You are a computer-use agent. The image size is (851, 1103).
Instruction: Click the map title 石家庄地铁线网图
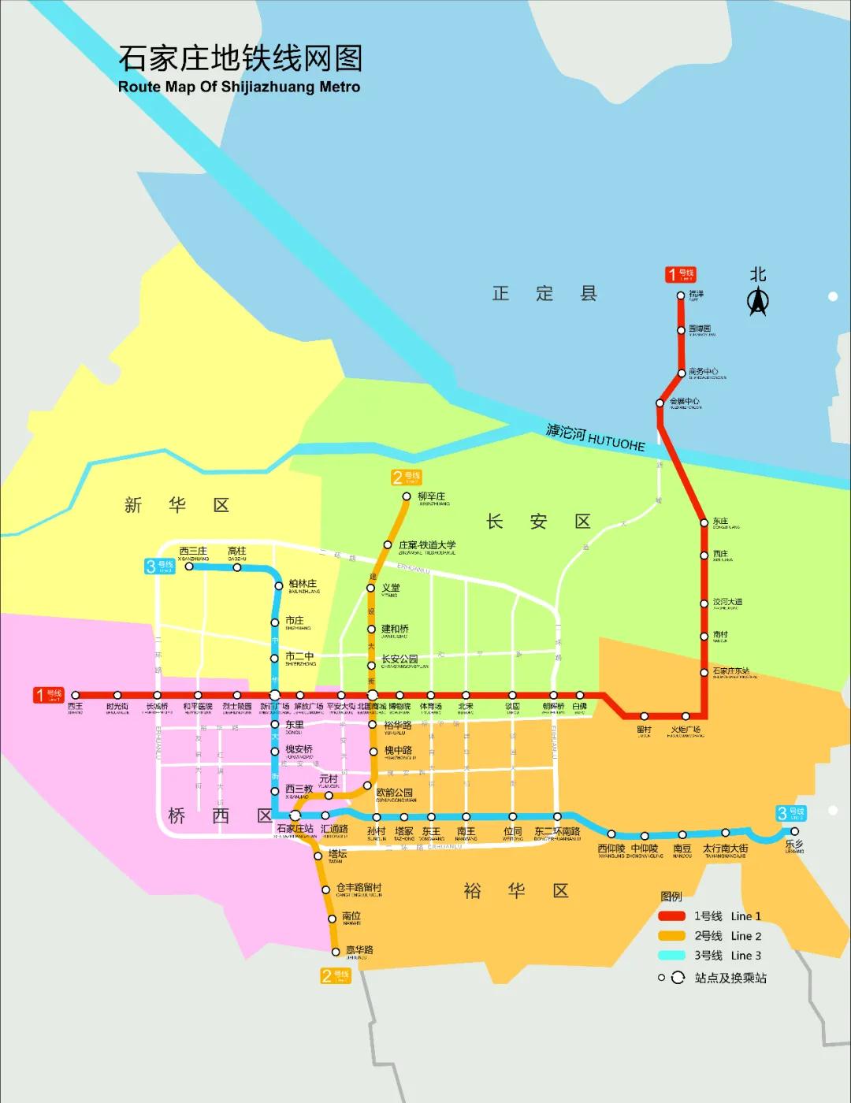[240, 59]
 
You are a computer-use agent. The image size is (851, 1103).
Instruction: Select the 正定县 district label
[544, 294]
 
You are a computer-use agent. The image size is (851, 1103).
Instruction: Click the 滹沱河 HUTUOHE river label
[596, 438]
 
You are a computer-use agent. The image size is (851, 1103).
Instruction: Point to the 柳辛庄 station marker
[407, 496]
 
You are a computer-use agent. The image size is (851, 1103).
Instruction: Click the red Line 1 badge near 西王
[48, 695]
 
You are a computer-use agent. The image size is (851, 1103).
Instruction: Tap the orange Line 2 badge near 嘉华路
[336, 975]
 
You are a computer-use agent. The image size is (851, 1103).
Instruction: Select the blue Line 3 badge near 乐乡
[790, 813]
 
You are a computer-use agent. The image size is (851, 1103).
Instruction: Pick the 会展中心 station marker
[660, 403]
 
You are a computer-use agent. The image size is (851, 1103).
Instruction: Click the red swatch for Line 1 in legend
[672, 916]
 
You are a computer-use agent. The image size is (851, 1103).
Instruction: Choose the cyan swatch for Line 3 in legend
[672, 956]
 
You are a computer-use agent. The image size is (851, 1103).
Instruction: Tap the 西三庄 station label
[193, 551]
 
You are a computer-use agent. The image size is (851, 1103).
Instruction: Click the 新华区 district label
[177, 505]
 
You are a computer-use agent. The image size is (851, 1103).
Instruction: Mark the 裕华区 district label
[516, 891]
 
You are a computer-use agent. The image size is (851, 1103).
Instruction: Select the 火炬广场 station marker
[686, 716]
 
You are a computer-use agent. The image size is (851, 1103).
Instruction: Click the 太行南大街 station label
[725, 849]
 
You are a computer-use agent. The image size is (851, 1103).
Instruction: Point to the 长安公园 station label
[399, 659]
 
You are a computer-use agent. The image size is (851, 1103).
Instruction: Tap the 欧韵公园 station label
[395, 793]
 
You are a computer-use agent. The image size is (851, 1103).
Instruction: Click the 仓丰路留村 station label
[359, 888]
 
